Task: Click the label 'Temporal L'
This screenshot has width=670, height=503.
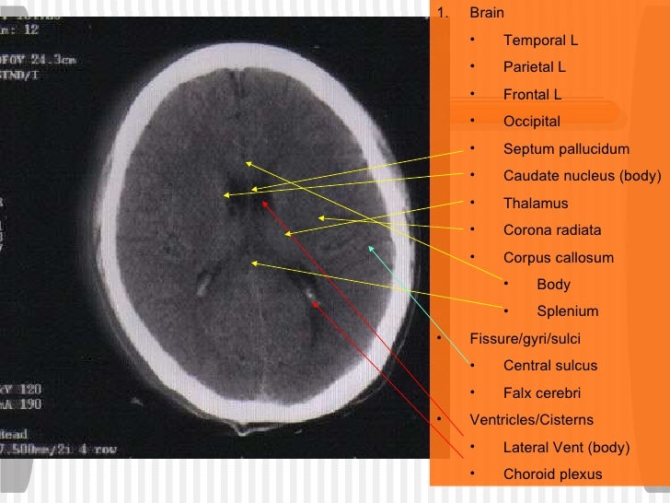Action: (540, 41)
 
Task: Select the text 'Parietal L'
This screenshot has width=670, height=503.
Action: (535, 67)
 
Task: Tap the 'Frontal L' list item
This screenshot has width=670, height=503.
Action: (532, 94)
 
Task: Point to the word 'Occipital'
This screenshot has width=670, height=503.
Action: (531, 122)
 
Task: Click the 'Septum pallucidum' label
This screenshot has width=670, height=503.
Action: (566, 149)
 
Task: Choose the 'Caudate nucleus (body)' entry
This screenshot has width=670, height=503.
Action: (582, 176)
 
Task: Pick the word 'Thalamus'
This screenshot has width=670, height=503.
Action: (536, 204)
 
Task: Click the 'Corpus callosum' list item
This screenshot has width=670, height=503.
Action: (558, 258)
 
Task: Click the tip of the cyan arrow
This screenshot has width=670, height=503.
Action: (369, 246)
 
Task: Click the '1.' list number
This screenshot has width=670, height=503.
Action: (443, 14)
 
